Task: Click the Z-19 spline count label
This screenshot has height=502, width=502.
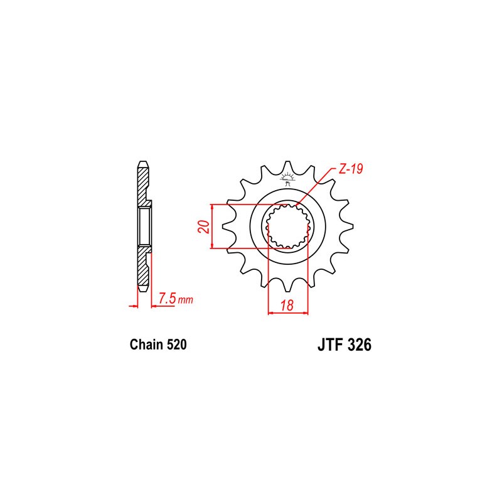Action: (349, 169)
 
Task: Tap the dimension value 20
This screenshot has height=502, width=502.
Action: (202, 227)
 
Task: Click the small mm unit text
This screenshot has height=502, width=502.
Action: (185, 301)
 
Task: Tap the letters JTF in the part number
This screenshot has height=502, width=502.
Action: (327, 345)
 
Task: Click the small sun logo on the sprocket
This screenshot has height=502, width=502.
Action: (288, 178)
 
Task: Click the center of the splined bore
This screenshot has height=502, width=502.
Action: (288, 227)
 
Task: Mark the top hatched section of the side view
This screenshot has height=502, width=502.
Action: (143, 185)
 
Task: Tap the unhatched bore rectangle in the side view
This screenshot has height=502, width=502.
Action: (143, 227)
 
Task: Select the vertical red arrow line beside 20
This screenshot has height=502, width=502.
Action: (213, 227)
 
